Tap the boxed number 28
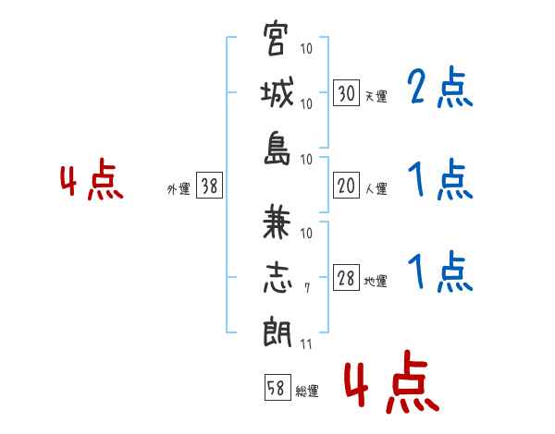pyautogui.click(x=346, y=279)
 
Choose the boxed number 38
pyautogui.click(x=210, y=187)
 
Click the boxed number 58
pyautogui.click(x=276, y=389)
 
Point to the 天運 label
pyautogui.click(x=375, y=95)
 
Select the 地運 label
pyautogui.click(x=375, y=282)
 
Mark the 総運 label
pyautogui.click(x=306, y=392)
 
